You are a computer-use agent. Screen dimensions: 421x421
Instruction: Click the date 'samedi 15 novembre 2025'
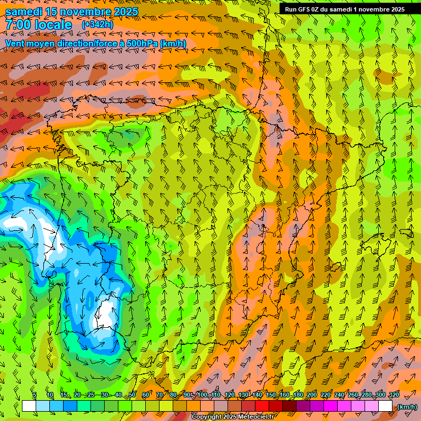72,12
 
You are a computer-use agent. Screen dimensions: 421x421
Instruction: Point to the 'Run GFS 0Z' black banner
344,9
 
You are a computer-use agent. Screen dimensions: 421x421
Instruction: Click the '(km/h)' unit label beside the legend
407,407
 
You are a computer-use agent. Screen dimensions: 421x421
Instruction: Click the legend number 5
34,395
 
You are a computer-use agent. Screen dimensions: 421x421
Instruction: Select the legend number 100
203,395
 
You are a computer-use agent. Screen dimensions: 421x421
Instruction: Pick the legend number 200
312,395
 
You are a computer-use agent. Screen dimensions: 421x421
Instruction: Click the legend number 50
132,395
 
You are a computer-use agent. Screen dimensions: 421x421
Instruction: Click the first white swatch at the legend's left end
29,406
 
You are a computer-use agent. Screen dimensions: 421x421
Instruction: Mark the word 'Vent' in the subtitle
15,43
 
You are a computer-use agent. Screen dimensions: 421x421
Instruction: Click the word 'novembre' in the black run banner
376,9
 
